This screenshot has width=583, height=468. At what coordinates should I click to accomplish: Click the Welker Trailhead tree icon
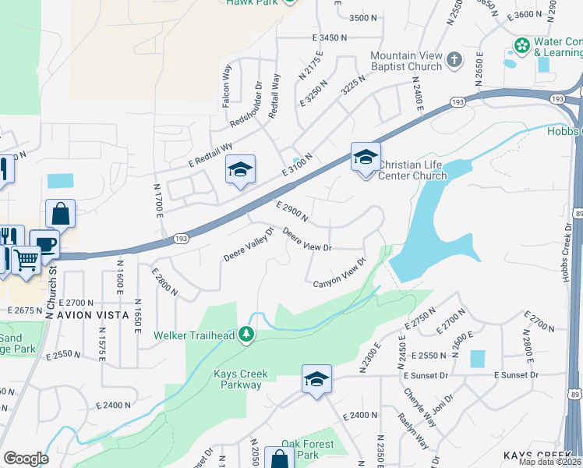click(x=247, y=335)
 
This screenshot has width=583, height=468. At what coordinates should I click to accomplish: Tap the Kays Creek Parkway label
click(x=238, y=379)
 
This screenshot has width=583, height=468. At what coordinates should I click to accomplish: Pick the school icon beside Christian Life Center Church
click(x=365, y=158)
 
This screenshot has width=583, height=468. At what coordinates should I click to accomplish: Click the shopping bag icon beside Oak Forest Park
click(x=279, y=459)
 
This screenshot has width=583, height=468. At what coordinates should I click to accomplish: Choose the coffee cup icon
click(x=45, y=243)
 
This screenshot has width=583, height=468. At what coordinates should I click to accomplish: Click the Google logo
click(x=25, y=459)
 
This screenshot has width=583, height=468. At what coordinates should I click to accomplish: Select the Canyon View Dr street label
click(x=340, y=273)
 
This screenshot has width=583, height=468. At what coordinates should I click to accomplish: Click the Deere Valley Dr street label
click(x=249, y=244)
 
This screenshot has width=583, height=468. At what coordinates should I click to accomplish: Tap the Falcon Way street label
click(x=228, y=85)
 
